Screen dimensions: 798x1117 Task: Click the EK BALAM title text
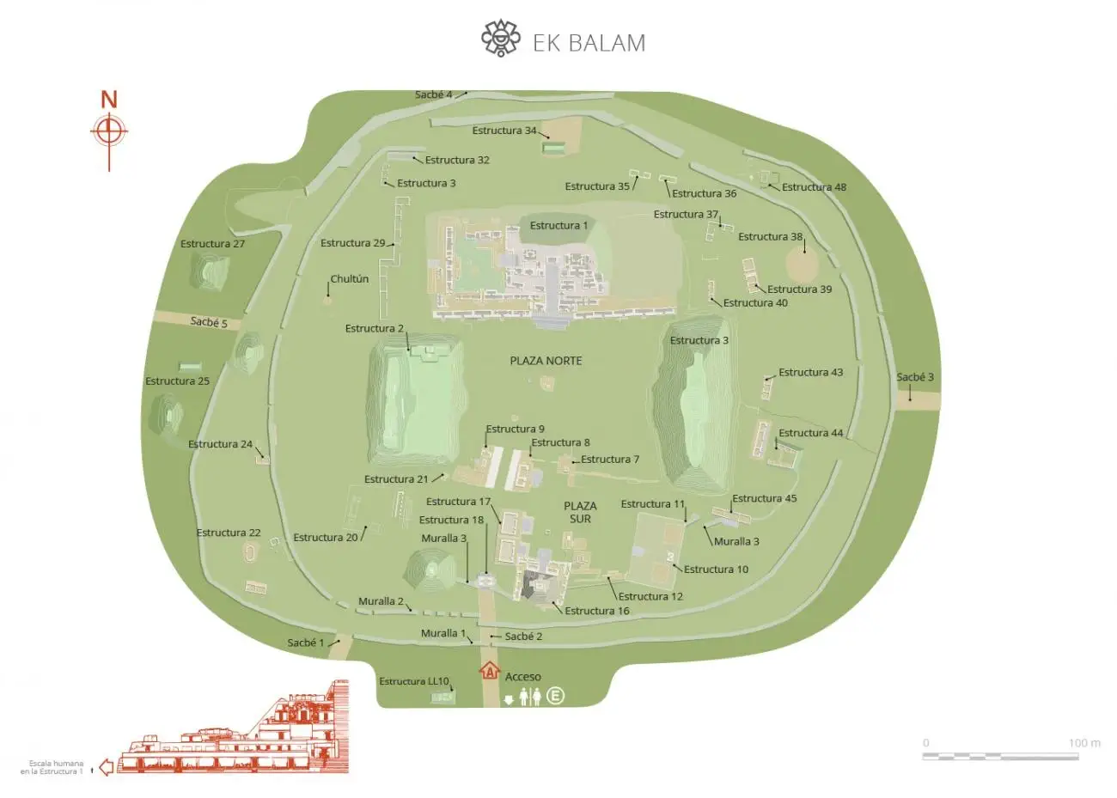(x=589, y=43)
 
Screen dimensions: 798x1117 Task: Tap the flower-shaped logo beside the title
(x=501, y=39)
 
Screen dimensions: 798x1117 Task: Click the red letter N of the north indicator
(x=109, y=100)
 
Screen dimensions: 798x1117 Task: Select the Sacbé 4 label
(x=433, y=94)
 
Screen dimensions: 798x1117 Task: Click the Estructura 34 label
(x=504, y=131)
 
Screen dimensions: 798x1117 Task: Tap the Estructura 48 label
(x=814, y=187)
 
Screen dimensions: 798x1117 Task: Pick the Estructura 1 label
(x=558, y=226)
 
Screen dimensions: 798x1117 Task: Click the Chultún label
(x=350, y=279)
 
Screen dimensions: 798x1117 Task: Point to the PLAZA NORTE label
(x=546, y=361)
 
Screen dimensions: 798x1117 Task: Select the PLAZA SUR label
(x=580, y=512)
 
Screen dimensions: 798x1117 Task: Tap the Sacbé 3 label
(x=915, y=377)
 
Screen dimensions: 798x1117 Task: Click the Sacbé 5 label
(x=209, y=322)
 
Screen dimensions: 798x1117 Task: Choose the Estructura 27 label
(x=212, y=244)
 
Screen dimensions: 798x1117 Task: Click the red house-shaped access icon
(x=490, y=670)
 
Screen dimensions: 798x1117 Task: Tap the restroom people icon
(x=530, y=696)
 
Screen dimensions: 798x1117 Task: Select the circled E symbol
(x=556, y=696)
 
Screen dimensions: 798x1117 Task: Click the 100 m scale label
(x=1084, y=743)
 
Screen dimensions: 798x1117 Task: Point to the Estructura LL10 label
(x=414, y=682)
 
